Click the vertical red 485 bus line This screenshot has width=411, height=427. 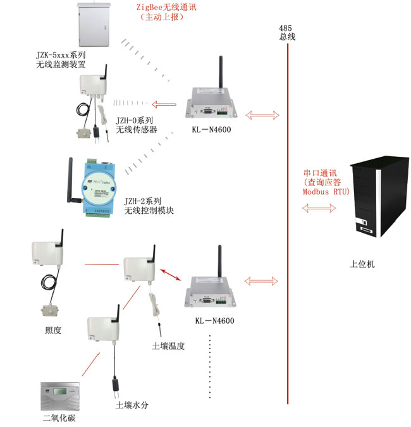pyautogui.click(x=288, y=221)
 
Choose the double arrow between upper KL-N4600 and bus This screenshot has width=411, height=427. pyautogui.click(x=262, y=115)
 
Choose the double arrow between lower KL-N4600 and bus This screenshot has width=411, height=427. pyautogui.click(x=262, y=280)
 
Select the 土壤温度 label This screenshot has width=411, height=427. pyautogui.click(x=168, y=346)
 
